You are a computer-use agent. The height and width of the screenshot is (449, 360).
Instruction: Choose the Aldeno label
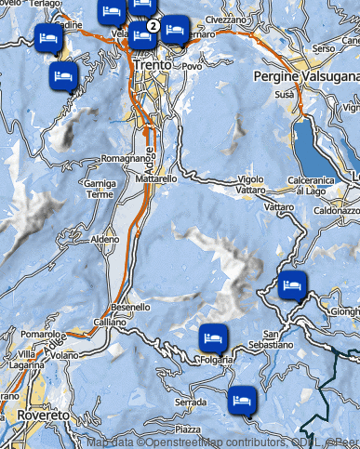pos(106,239)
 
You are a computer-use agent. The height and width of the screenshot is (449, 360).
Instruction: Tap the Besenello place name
pos(130,307)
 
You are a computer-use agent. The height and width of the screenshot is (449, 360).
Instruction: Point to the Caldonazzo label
pos(333,211)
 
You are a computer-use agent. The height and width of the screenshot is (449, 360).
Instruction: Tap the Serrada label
pos(190,402)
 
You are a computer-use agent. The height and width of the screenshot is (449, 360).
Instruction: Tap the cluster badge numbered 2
pos(153,25)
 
